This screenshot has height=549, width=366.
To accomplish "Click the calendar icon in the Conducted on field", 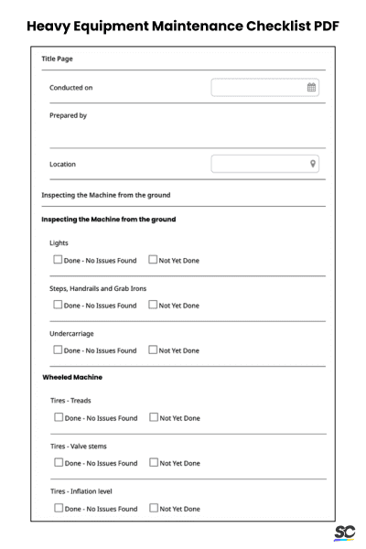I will (311, 88).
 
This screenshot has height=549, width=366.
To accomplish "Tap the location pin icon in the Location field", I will (312, 164).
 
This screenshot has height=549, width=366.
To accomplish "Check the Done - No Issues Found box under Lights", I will (58, 261).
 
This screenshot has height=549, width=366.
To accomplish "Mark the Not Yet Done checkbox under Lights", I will (152, 261).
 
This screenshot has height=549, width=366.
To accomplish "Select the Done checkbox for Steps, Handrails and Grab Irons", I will (58, 306).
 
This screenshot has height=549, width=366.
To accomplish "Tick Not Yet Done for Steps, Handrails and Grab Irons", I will (152, 306).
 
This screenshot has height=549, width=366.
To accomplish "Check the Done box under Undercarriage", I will (58, 350).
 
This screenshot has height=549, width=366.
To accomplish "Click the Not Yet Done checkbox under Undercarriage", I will (152, 350).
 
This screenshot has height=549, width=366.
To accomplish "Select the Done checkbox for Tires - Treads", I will (59, 418).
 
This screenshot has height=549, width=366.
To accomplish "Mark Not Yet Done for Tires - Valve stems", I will (153, 463).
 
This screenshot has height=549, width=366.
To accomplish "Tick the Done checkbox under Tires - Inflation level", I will (59, 508).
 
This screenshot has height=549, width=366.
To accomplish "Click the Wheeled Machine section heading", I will (72, 377).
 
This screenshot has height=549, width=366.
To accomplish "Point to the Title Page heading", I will (59, 59).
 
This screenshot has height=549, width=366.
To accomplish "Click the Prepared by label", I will (68, 116).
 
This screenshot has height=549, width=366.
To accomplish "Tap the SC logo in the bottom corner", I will (344, 533).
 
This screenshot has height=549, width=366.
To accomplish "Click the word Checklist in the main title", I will (259, 25).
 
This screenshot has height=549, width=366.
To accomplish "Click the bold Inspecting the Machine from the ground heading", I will (109, 220).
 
